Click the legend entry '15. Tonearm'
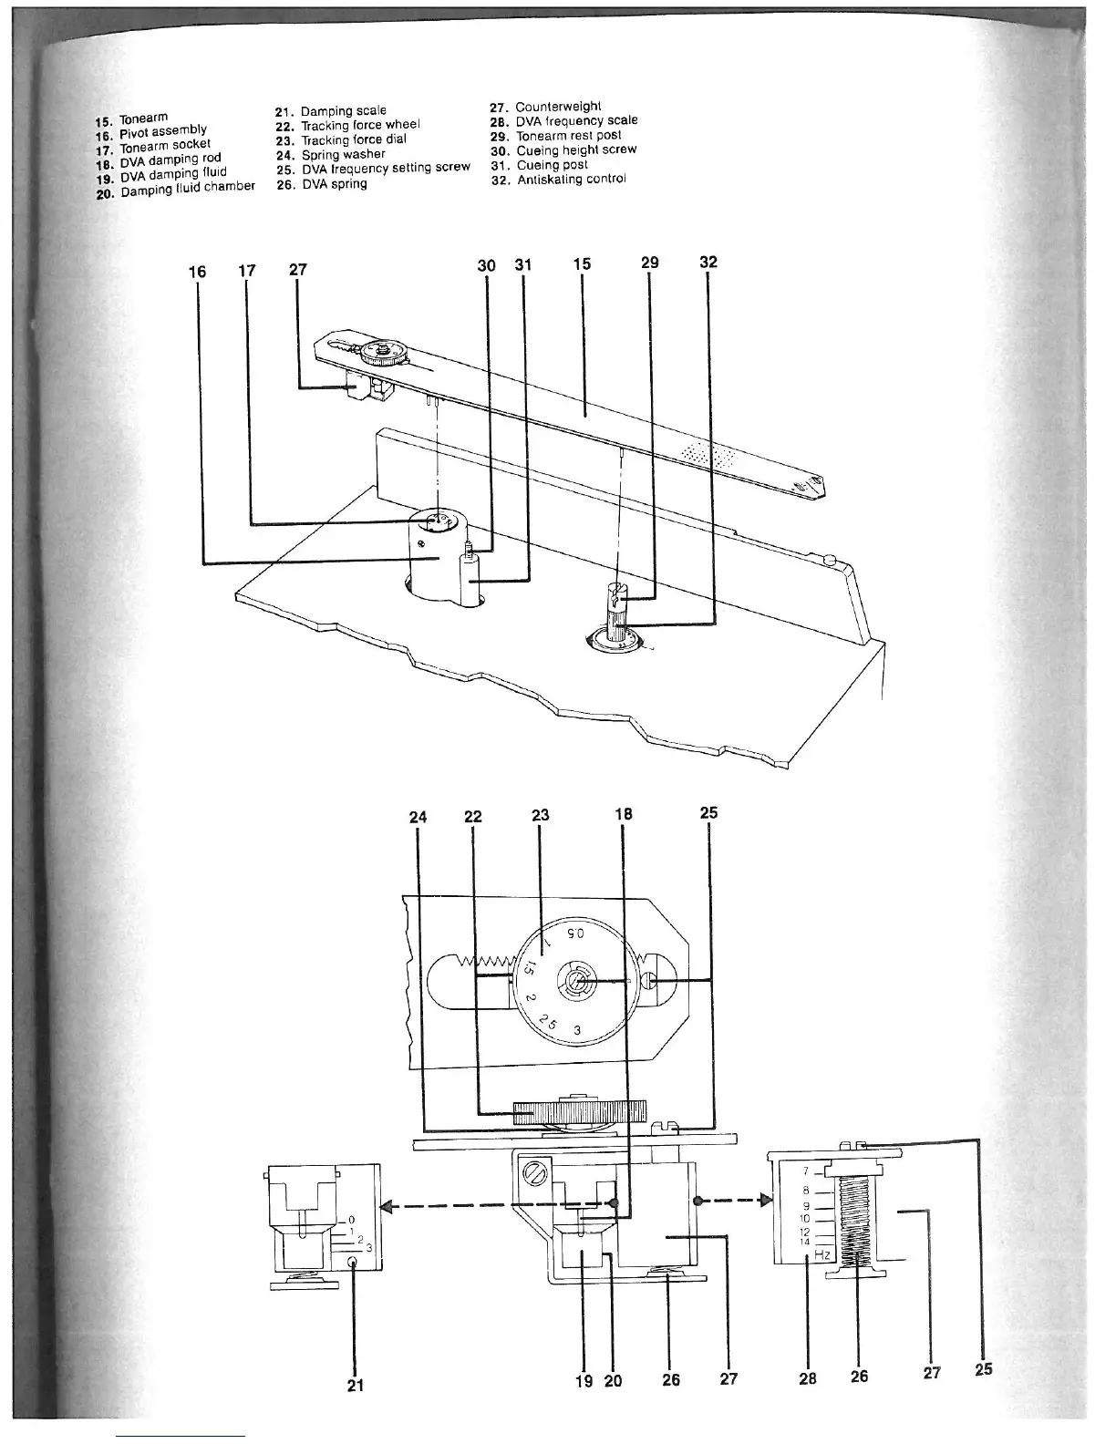pos(133,119)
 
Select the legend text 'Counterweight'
pos(558,107)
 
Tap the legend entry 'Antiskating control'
pos(571,180)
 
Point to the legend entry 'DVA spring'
pos(335,184)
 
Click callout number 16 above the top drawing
pos(197,272)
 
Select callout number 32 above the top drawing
pos(708,263)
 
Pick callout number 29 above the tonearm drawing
pos(650,263)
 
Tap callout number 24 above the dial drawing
pos(418,817)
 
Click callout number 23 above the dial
pos(541,814)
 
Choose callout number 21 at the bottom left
pos(356,1386)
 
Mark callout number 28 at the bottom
pos(808,1379)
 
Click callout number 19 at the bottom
pos(584,1381)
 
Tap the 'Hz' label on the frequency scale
pos(822,1254)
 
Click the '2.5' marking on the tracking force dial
pos(548,1022)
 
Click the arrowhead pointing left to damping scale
pos(387,1207)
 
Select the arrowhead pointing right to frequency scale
pos(765,1200)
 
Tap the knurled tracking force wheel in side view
pos(579,1111)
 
